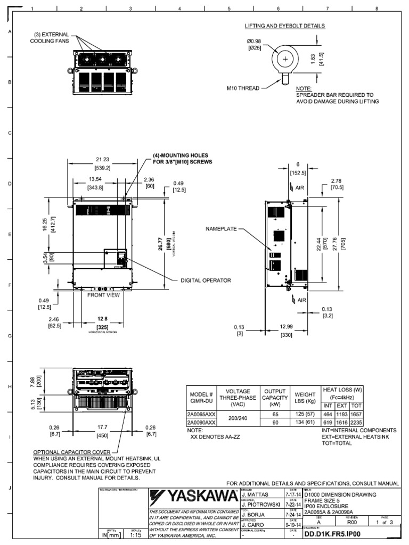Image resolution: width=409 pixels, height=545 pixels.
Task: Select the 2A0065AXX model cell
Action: point(201,415)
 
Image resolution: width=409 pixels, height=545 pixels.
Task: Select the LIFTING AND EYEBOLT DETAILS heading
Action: point(285,26)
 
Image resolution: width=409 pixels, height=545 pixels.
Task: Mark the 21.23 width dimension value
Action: point(102,159)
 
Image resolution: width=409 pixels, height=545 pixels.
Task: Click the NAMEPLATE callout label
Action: point(221,228)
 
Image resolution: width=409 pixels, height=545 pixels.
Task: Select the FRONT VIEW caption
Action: point(100,294)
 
